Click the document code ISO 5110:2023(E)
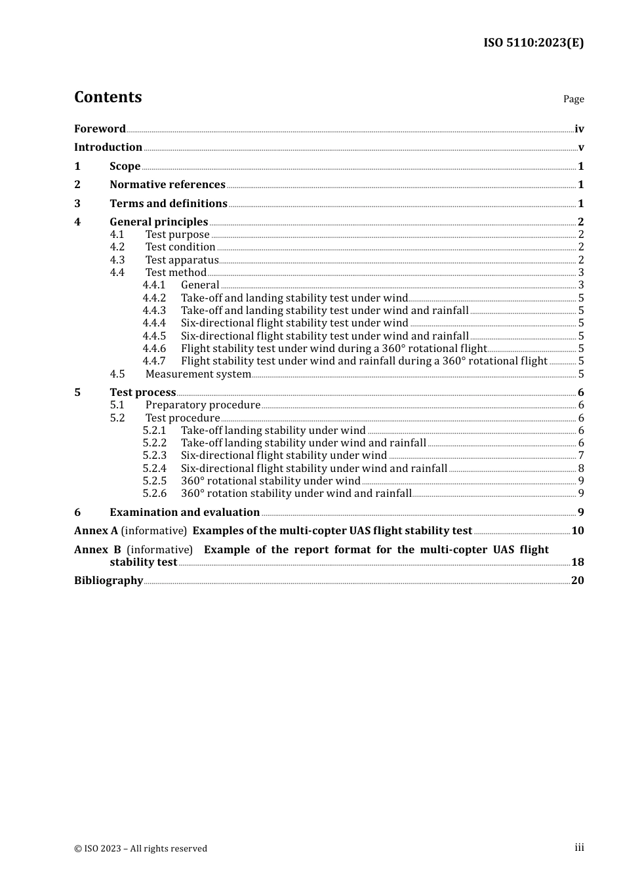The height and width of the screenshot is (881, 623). [533, 43]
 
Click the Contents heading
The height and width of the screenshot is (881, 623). [108, 97]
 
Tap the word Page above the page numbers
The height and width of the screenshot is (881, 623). [573, 99]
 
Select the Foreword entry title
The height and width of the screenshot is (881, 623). [100, 128]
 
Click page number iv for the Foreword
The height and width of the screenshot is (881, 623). [579, 129]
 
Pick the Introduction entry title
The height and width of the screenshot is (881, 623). [108, 147]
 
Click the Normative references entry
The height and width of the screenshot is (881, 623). [167, 185]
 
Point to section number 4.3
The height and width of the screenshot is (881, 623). [117, 260]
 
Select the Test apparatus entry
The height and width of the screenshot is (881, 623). [182, 260]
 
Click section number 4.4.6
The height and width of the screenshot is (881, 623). [154, 349]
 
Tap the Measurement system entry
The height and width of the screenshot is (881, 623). [198, 374]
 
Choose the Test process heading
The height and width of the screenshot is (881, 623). [143, 393]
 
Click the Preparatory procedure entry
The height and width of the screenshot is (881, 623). [203, 405]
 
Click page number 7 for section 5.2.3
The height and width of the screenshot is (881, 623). [581, 456]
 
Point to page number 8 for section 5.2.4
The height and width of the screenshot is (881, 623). [581, 468]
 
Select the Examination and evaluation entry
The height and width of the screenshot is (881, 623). [184, 513]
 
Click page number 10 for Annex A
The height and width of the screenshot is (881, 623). [578, 531]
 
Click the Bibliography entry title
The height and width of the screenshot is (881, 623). [108, 581]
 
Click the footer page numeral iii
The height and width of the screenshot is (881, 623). [579, 848]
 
